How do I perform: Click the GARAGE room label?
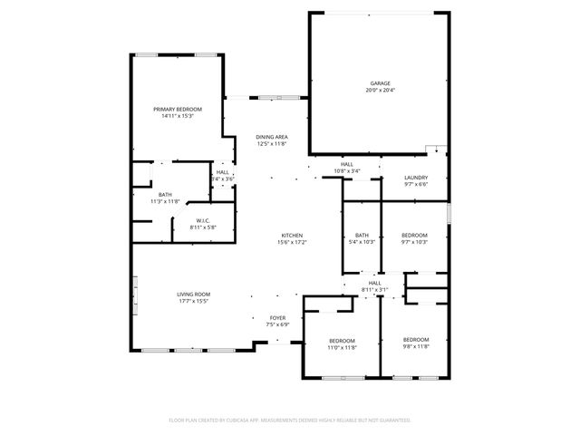pos(380,82)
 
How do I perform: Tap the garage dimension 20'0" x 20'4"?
pos(380,90)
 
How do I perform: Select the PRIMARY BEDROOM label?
pos(177,109)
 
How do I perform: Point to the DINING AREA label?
pos(272,137)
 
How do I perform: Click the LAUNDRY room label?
pos(416,178)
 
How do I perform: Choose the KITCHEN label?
pos(291,236)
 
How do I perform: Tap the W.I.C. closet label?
pos(204,221)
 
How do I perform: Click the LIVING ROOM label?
pos(193,294)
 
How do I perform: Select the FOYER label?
pos(277,318)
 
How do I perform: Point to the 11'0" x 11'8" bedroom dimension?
pos(343,347)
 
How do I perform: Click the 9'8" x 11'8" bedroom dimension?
pos(416,347)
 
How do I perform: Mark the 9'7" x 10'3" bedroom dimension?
pos(414,242)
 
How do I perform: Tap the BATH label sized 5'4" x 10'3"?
pos(362,235)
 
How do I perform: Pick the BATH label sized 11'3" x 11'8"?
pos(165,194)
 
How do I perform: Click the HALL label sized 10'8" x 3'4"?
pos(347,164)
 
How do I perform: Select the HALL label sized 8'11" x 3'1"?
pos(374,283)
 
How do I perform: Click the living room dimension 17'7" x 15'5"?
pos(193,301)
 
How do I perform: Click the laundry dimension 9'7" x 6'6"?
pos(416,185)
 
